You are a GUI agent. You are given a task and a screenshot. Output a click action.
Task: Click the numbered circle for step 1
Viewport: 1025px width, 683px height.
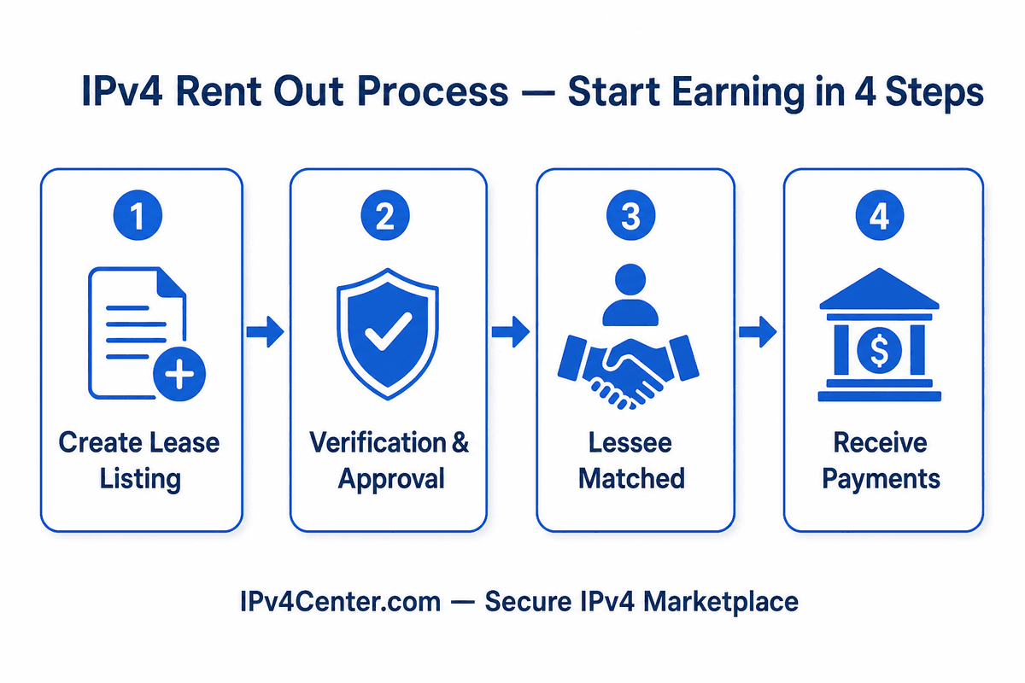tap(138, 215)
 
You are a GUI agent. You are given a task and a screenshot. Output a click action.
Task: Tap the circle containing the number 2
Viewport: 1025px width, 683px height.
tap(385, 215)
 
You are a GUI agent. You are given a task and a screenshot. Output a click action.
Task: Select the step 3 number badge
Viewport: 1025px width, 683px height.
tap(630, 215)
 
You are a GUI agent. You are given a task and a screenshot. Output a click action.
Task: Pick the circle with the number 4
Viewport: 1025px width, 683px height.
tap(880, 215)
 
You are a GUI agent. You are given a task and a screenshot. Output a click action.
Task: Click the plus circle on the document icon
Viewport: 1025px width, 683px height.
tap(179, 374)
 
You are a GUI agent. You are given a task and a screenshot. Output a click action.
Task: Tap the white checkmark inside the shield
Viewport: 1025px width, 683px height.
tap(389, 331)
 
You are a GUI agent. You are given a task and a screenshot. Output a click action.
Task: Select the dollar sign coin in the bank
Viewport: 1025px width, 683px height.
tap(879, 351)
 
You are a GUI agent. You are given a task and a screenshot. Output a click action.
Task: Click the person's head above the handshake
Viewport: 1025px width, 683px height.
tap(630, 279)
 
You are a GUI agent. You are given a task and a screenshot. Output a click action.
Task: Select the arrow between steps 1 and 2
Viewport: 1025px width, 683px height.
tap(265, 331)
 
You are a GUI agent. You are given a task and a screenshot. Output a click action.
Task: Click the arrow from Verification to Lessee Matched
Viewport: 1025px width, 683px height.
tap(511, 331)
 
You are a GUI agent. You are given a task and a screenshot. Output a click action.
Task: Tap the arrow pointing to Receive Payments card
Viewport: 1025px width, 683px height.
tap(758, 331)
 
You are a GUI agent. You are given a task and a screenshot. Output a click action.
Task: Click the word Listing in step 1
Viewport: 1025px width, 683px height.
tap(140, 480)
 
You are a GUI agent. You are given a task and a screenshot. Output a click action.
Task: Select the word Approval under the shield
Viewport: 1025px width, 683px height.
tap(391, 480)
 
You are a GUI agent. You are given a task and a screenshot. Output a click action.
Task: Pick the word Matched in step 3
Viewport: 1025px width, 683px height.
tap(631, 478)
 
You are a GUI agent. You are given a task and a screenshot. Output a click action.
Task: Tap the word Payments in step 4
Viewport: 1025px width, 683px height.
tap(881, 480)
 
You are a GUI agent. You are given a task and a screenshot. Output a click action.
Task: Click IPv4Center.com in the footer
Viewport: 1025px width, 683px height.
tap(341, 602)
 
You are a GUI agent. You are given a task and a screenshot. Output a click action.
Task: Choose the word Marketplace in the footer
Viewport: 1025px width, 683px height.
tap(721, 603)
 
